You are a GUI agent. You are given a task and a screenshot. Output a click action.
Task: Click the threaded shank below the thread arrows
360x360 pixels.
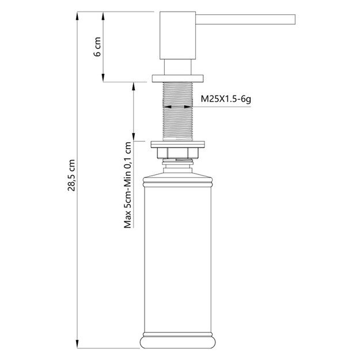coord(178,124)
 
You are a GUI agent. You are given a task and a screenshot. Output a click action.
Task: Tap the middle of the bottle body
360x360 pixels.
coord(178,253)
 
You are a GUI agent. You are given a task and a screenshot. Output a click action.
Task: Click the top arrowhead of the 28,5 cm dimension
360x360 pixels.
coord(76,16)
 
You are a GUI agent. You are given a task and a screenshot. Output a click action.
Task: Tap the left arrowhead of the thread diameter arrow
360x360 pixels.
coord(165,107)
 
